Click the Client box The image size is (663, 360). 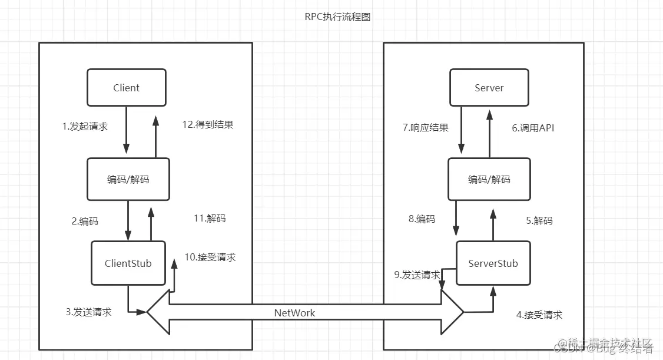click(127, 88)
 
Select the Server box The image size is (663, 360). click(489, 88)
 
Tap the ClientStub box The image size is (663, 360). click(128, 263)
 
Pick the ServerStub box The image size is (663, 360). click(493, 263)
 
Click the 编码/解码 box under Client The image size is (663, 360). click(128, 179)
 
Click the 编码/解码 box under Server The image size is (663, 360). click(489, 179)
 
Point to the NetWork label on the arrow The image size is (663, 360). click(294, 313)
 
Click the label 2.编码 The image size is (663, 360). click(85, 222)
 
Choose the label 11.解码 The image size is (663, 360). click(209, 218)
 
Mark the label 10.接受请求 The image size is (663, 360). click(210, 257)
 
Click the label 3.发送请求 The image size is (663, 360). click(88, 312)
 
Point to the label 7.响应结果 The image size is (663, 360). click(426, 128)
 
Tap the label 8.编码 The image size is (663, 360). click(422, 219)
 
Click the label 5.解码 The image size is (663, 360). click(539, 221)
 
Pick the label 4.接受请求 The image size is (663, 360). click(539, 315)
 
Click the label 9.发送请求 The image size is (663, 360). click(417, 275)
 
